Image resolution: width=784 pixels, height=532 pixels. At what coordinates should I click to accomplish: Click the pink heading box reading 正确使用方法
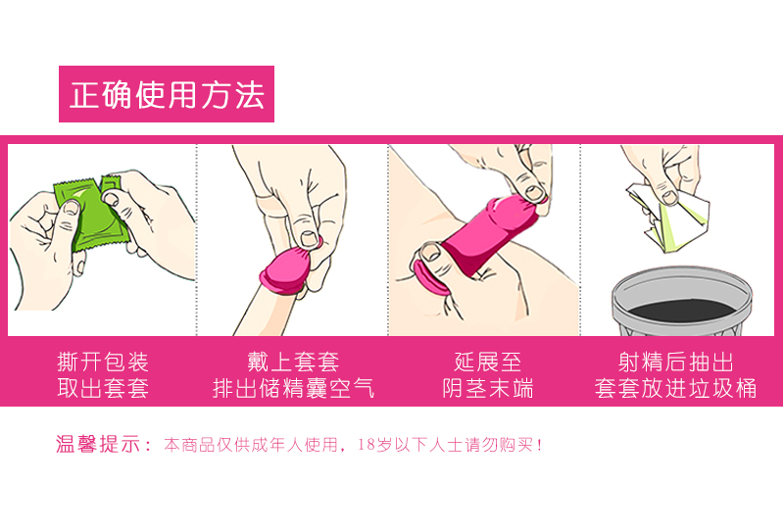pos(167,94)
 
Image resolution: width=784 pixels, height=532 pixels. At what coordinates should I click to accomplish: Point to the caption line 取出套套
pos(103,388)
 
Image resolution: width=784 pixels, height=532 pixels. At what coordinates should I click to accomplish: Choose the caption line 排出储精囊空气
pos(293,388)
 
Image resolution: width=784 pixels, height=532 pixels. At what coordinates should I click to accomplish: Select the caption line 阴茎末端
pos(487,388)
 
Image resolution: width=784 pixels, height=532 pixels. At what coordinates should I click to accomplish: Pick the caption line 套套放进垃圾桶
pos(676,388)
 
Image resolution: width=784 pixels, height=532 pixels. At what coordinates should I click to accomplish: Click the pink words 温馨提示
pos(98,445)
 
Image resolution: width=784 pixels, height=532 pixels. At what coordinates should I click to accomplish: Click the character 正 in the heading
pos(82,95)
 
